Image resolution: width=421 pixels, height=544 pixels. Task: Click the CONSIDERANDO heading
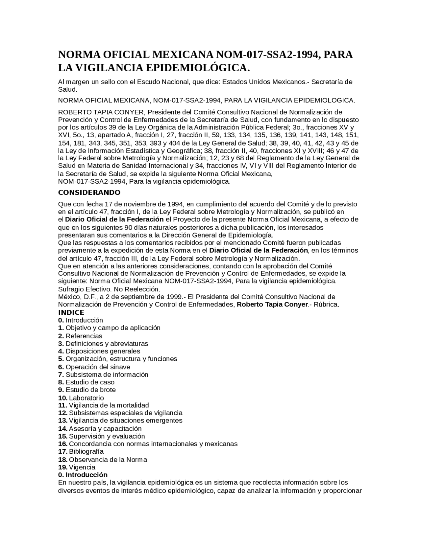click(89, 193)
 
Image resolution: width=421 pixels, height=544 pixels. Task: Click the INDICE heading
click(71, 312)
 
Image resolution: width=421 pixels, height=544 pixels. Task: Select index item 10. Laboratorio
click(81, 398)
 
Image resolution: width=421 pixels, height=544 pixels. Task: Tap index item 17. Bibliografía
click(81, 451)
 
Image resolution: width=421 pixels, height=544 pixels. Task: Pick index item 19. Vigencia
click(77, 467)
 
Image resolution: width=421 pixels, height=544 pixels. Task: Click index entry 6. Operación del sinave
click(94, 367)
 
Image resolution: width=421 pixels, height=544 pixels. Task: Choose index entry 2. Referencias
click(80, 336)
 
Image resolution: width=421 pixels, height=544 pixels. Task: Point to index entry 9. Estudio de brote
click(87, 390)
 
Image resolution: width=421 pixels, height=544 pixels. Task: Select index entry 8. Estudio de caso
click(86, 382)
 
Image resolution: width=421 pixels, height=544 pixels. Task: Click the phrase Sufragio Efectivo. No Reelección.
click(109, 289)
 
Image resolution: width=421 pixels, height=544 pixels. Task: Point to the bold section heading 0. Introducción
click(83, 475)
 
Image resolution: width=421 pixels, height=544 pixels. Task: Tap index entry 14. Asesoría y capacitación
click(100, 428)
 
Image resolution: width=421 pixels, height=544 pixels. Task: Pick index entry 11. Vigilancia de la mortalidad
click(104, 405)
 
